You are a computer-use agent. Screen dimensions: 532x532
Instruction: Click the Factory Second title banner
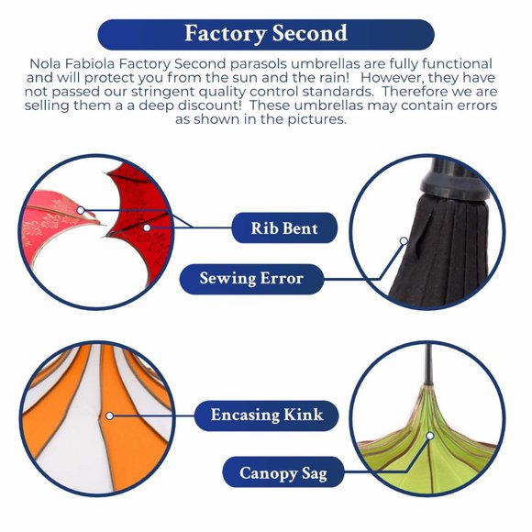[266, 34]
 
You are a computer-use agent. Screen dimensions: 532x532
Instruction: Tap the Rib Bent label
[284, 228]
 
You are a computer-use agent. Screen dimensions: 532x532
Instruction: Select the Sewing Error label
[251, 279]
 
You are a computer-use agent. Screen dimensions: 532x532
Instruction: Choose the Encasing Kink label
[267, 416]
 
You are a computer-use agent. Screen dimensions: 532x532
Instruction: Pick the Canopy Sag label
[283, 472]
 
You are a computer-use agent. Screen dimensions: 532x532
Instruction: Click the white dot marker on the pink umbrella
[81, 210]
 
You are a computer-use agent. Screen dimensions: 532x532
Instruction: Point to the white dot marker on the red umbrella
[147, 227]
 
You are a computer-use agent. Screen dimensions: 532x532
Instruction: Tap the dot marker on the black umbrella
[404, 241]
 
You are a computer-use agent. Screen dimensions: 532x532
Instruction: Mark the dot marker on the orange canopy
[109, 416]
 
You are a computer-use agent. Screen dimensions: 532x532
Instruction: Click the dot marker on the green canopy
[430, 436]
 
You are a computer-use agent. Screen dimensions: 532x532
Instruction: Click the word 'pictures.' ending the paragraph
[316, 119]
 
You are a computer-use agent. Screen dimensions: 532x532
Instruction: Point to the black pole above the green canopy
[429, 365]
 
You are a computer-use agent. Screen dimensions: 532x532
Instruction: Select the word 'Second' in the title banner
[310, 34]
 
